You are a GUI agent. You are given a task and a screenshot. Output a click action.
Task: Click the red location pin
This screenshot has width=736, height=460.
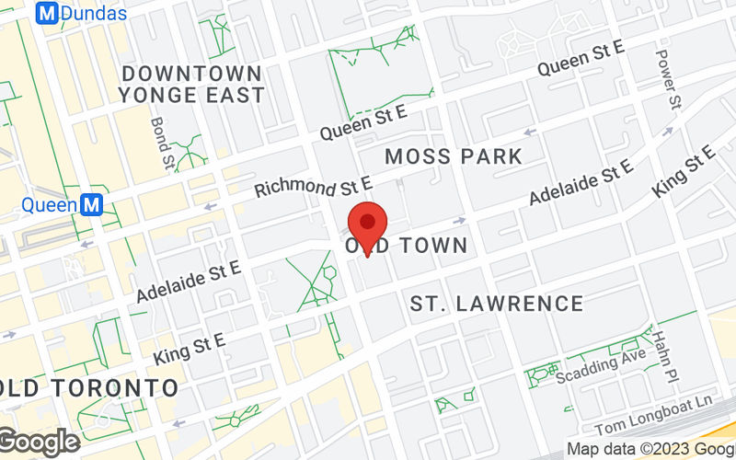[369, 225]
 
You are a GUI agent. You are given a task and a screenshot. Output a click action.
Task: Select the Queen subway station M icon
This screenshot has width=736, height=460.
[91, 204]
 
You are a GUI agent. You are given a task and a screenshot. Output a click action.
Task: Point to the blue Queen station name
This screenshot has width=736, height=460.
[49, 204]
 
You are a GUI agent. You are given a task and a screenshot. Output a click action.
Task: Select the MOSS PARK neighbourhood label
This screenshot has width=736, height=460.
[454, 156]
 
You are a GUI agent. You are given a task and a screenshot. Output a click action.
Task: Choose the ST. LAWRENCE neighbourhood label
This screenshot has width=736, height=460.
[497, 304]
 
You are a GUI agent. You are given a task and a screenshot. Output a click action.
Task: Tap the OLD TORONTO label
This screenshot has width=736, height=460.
[89, 386]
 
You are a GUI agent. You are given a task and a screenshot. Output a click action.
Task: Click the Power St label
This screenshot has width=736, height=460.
[669, 77]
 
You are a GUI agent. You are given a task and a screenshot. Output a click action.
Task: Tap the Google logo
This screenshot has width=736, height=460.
[39, 442]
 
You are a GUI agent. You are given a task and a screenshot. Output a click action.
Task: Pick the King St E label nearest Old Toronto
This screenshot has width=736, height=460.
[190, 350]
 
